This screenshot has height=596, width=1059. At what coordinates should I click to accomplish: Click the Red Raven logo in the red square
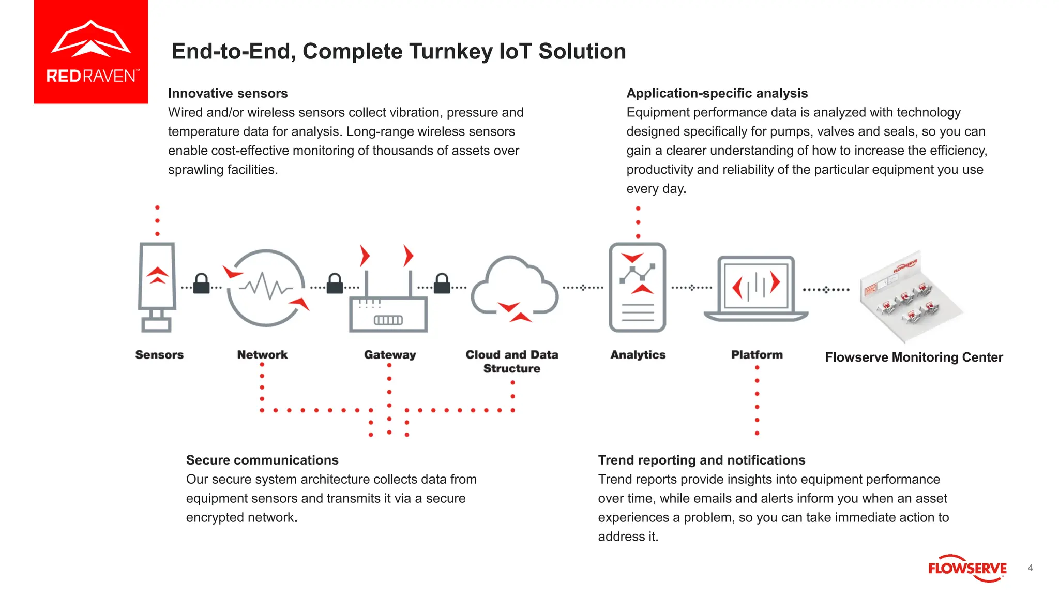[91, 52]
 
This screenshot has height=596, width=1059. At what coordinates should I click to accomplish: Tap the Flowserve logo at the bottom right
[967, 569]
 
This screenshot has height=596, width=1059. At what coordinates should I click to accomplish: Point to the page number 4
[1030, 568]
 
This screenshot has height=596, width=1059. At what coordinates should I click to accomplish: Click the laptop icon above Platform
[756, 288]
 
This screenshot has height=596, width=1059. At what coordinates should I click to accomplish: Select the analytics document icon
[638, 287]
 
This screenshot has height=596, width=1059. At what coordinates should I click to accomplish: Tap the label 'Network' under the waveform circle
[262, 355]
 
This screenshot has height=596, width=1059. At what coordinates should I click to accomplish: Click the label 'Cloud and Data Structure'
[512, 361]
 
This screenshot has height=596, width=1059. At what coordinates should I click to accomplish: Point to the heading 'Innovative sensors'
[228, 93]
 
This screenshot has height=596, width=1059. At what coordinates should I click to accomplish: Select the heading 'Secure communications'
[262, 460]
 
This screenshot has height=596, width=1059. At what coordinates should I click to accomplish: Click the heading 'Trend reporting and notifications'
[701, 460]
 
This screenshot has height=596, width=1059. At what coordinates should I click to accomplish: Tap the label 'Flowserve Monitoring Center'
[914, 357]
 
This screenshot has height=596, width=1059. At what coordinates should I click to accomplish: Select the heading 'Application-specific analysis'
[717, 93]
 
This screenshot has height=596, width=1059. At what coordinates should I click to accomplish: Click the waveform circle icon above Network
[266, 288]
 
